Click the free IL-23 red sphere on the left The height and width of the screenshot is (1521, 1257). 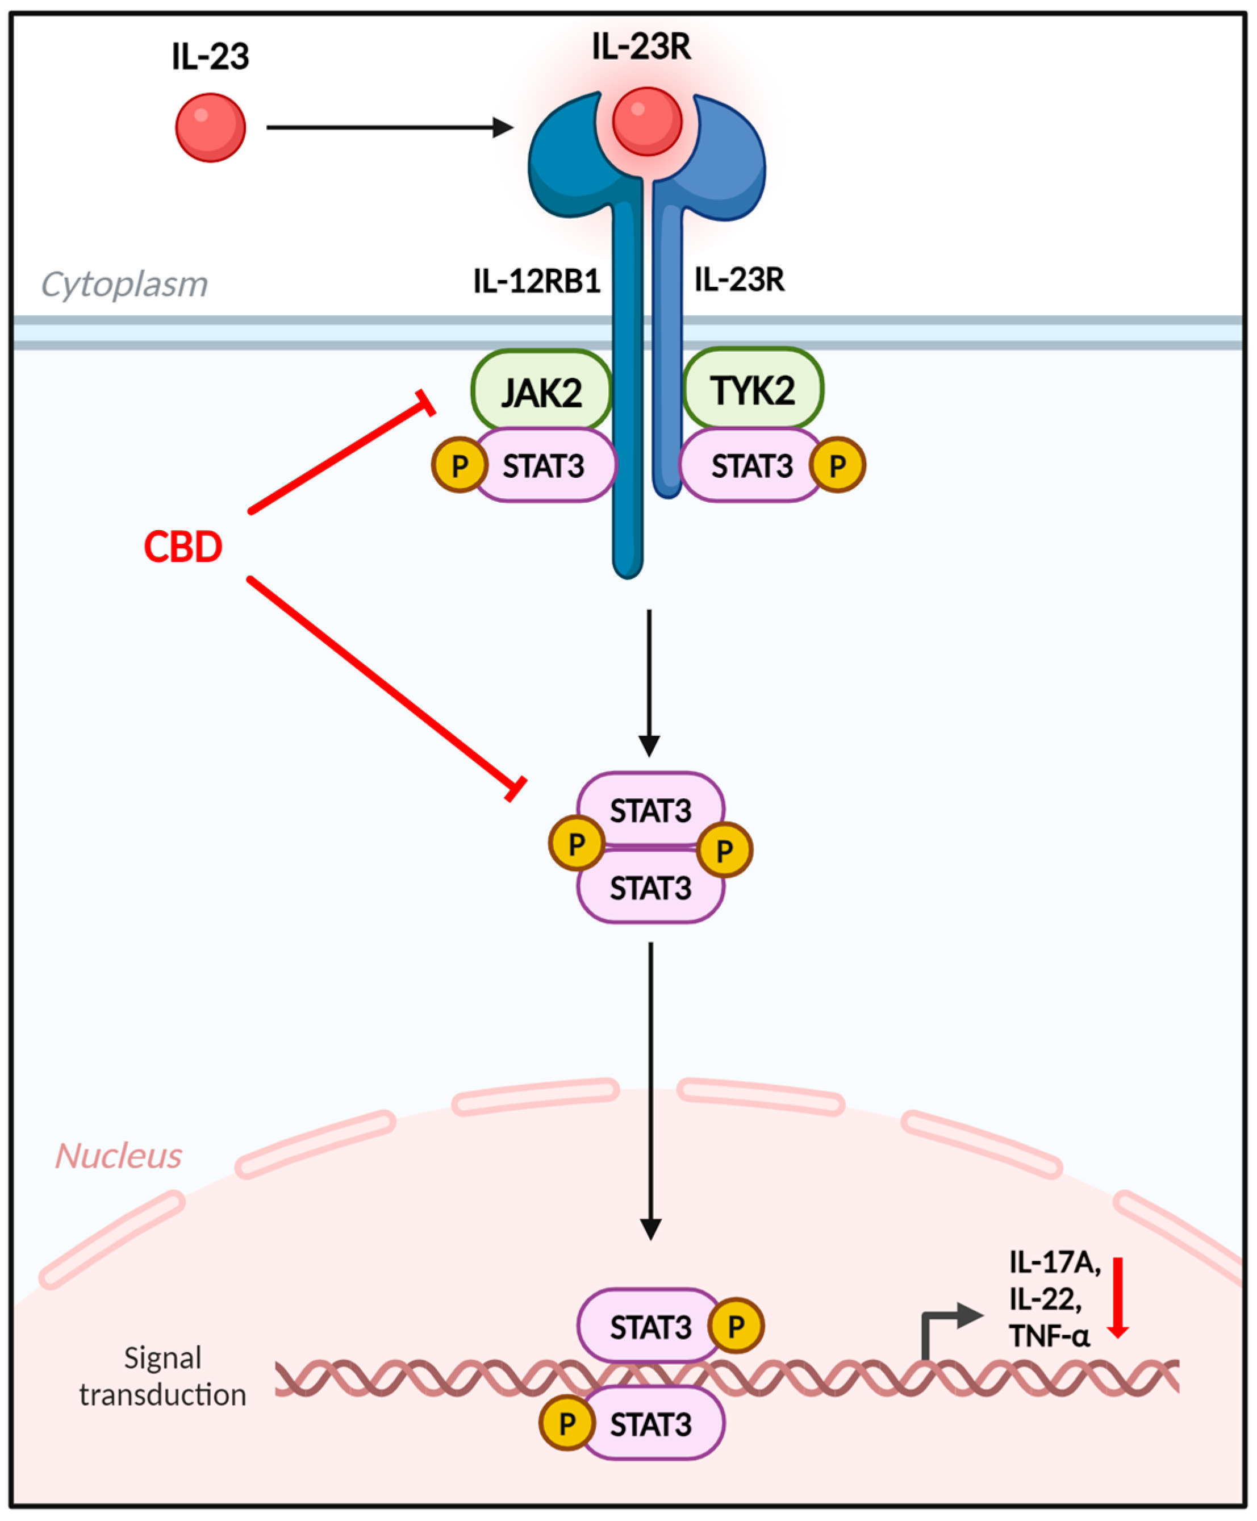210,127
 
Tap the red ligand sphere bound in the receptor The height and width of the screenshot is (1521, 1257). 646,121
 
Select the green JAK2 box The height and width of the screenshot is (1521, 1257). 541,391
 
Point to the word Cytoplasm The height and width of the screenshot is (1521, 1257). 124,284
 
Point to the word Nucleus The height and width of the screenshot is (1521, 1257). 119,1155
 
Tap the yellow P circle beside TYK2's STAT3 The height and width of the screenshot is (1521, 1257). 837,465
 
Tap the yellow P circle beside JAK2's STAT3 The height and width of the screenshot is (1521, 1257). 459,465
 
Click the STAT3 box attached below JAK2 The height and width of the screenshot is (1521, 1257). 544,466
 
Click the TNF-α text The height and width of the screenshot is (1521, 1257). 1049,1336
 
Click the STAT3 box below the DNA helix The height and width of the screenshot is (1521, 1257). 650,1424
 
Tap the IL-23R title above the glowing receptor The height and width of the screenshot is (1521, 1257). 641,47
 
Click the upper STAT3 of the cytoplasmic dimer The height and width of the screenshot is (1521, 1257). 650,810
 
